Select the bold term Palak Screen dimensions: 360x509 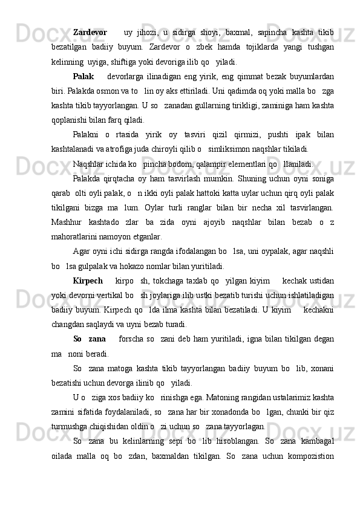coord(83,77)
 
